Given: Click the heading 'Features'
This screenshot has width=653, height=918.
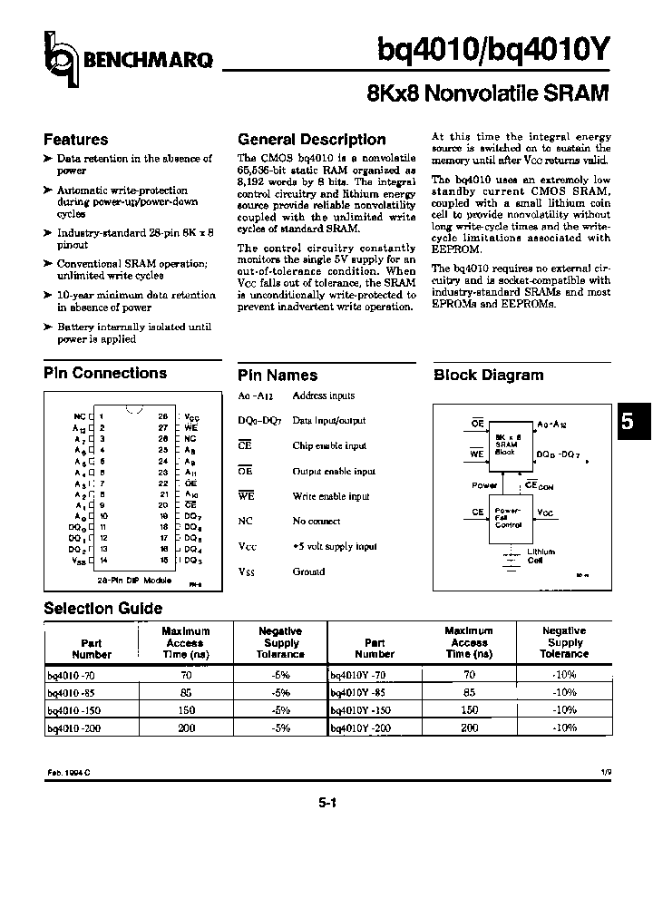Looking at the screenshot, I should [75, 140].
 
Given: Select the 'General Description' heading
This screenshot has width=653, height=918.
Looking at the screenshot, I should [311, 140].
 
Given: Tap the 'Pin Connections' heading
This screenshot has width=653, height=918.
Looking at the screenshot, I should [105, 373].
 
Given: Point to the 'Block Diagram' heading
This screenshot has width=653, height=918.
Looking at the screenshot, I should [488, 375].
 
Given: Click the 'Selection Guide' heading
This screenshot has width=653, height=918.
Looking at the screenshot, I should [102, 608].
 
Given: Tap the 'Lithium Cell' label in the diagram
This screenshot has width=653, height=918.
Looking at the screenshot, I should [541, 556].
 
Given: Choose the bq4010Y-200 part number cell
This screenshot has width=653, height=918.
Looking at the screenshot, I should [359, 728].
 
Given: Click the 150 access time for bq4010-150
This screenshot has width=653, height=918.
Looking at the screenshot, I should [185, 709].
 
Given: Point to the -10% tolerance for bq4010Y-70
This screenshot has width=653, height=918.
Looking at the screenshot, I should [564, 675].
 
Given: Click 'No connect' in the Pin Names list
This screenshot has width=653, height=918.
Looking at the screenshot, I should [316, 522].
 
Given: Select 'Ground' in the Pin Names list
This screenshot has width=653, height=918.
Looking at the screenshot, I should [307, 571].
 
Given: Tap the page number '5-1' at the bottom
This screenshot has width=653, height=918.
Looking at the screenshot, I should [326, 802].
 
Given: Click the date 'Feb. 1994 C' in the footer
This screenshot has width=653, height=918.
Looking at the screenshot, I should [69, 770].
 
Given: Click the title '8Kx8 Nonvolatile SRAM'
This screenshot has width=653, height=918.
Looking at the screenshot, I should [487, 93].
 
